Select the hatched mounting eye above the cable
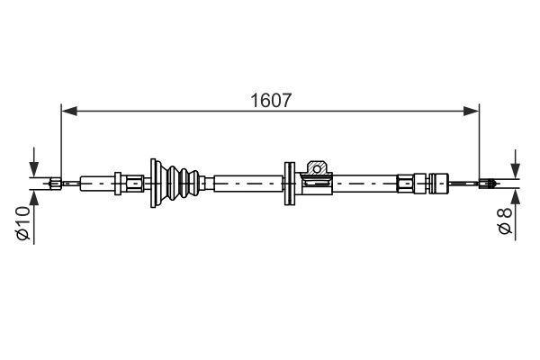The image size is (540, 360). [x=316, y=167]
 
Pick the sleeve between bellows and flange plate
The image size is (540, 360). [x=247, y=184]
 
